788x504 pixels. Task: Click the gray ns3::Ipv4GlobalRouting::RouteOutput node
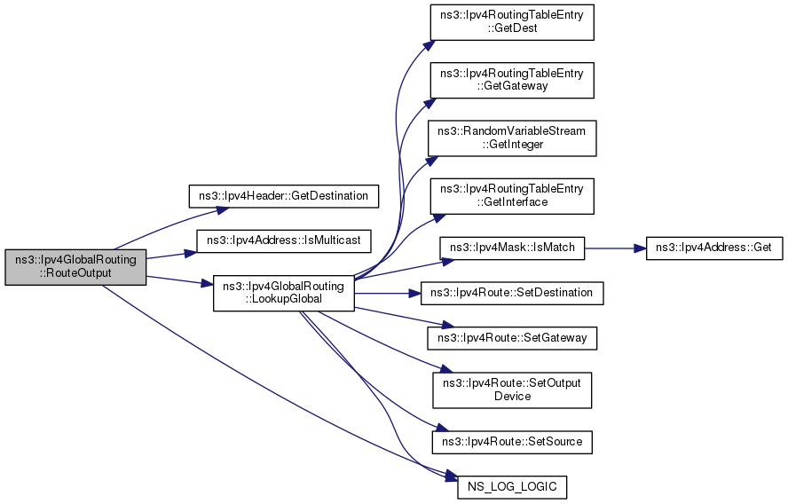pos(75,267)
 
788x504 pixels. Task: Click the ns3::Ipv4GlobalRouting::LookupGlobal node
pos(284,292)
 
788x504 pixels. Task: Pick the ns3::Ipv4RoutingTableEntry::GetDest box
pos(511,21)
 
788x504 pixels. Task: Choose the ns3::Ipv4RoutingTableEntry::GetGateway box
pos(511,80)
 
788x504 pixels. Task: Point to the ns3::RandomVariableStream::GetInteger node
pos(511,138)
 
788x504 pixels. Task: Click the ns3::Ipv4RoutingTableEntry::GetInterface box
pos(511,195)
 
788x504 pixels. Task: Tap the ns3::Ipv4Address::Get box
pos(714,247)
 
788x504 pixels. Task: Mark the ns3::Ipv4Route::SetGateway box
pos(511,338)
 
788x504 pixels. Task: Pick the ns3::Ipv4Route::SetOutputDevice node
pos(511,390)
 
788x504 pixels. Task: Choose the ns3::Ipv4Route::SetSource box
pos(511,441)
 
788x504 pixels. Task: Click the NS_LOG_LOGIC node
pos(511,487)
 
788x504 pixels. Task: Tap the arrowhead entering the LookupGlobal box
pos(209,285)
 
